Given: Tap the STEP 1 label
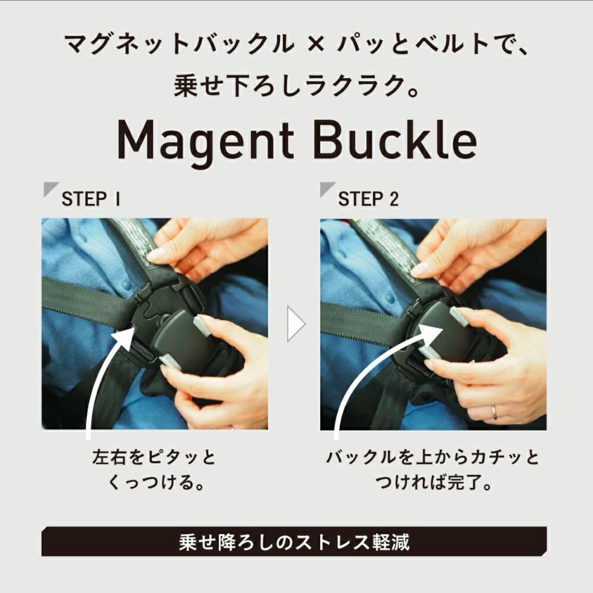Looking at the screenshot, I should [91, 199].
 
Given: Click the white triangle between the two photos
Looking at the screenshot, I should [295, 324].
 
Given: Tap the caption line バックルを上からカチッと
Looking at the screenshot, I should [433, 457].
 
